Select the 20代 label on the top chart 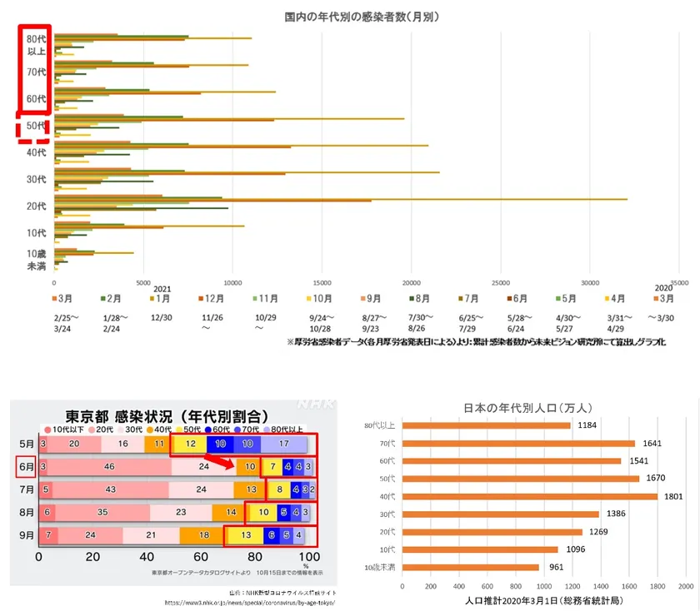[36, 206]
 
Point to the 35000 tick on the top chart [678, 283]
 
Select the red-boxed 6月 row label [24, 468]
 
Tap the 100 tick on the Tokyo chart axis [307, 556]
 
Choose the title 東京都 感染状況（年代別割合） [167, 415]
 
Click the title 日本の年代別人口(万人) [527, 408]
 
